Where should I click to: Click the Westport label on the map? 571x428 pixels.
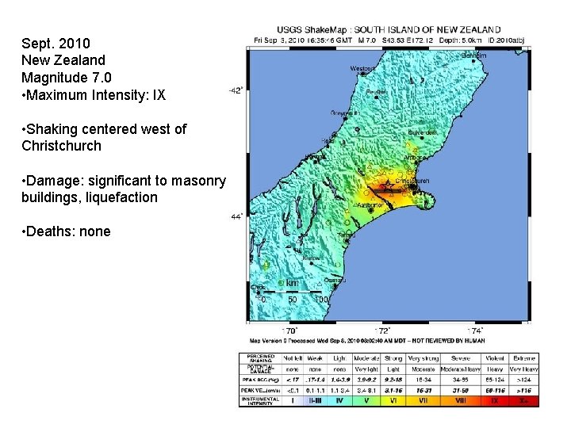[362, 68]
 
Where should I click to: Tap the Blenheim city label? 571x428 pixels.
[474, 55]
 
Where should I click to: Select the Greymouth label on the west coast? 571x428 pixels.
[345, 113]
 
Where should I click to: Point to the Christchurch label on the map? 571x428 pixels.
[412, 181]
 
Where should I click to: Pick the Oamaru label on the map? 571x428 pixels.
[335, 279]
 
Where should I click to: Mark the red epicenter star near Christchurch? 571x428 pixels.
[388, 189]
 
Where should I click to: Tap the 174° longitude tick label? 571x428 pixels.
[476, 330]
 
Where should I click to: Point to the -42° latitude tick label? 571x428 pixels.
[236, 90]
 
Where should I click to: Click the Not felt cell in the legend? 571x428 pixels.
[293, 359]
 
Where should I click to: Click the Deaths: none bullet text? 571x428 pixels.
[67, 231]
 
